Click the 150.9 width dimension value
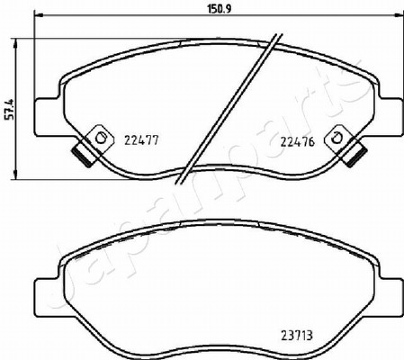[x=219, y=9]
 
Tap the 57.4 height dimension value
[x=10, y=109]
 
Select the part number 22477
[x=141, y=140]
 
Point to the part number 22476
[x=297, y=141]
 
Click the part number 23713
[x=297, y=335]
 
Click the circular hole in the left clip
[x=101, y=139]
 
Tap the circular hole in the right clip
[x=336, y=138]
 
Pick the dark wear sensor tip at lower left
[x=84, y=157]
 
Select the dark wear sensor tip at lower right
[x=355, y=156]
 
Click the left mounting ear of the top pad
[x=47, y=117]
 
